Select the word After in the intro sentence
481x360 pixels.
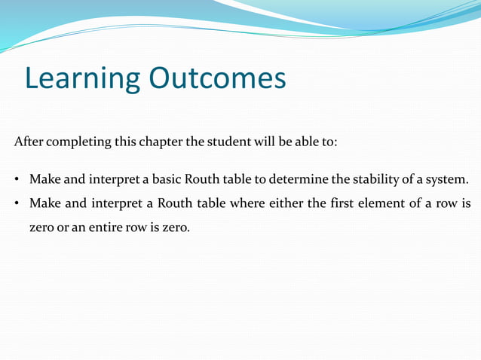(28, 142)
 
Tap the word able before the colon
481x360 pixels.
(311, 142)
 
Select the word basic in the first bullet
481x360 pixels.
(169, 180)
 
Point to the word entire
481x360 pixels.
(96, 227)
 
